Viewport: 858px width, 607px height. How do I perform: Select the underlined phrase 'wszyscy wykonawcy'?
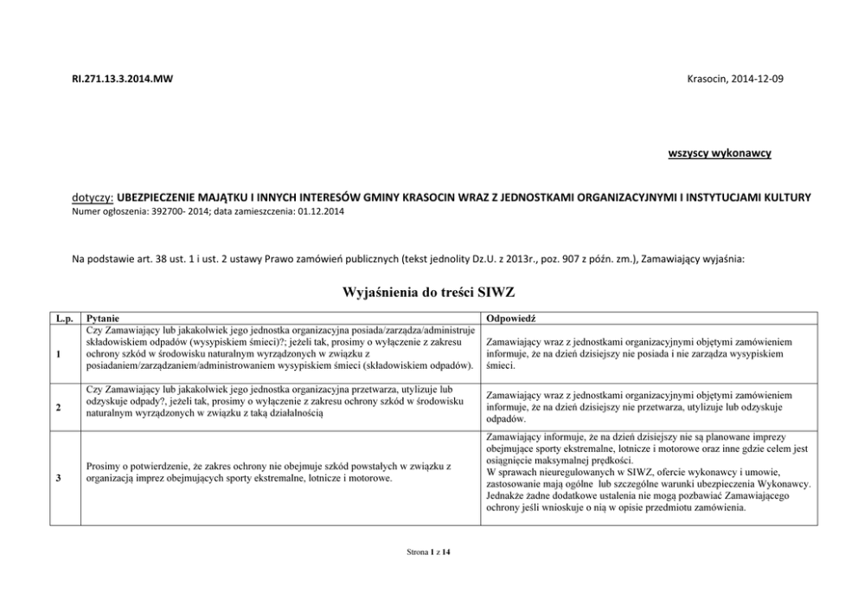720,153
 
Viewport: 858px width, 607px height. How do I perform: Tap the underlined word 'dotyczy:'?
92,198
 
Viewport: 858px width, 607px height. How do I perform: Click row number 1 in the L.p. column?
57,354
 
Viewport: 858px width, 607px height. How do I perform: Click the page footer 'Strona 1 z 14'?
428,551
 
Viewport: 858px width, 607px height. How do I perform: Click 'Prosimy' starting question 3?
104,467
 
